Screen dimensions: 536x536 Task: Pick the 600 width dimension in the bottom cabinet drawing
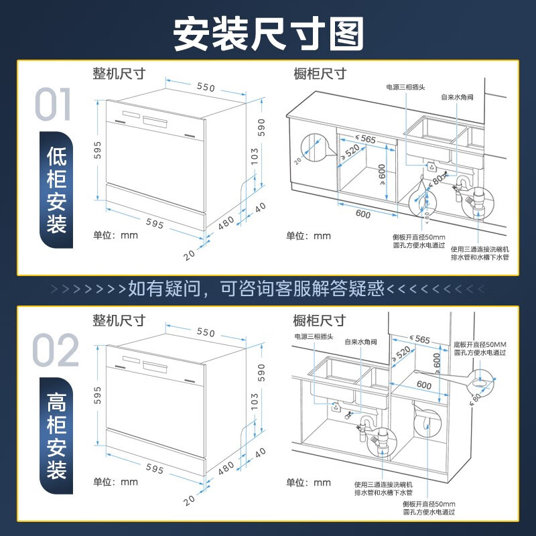[x=424, y=385]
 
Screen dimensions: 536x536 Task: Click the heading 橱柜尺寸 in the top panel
[x=320, y=74]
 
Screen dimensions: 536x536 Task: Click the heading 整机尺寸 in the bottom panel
[x=119, y=320]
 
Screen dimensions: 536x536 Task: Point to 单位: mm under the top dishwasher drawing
[x=115, y=235]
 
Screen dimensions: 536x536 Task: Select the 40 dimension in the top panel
[x=261, y=206]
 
